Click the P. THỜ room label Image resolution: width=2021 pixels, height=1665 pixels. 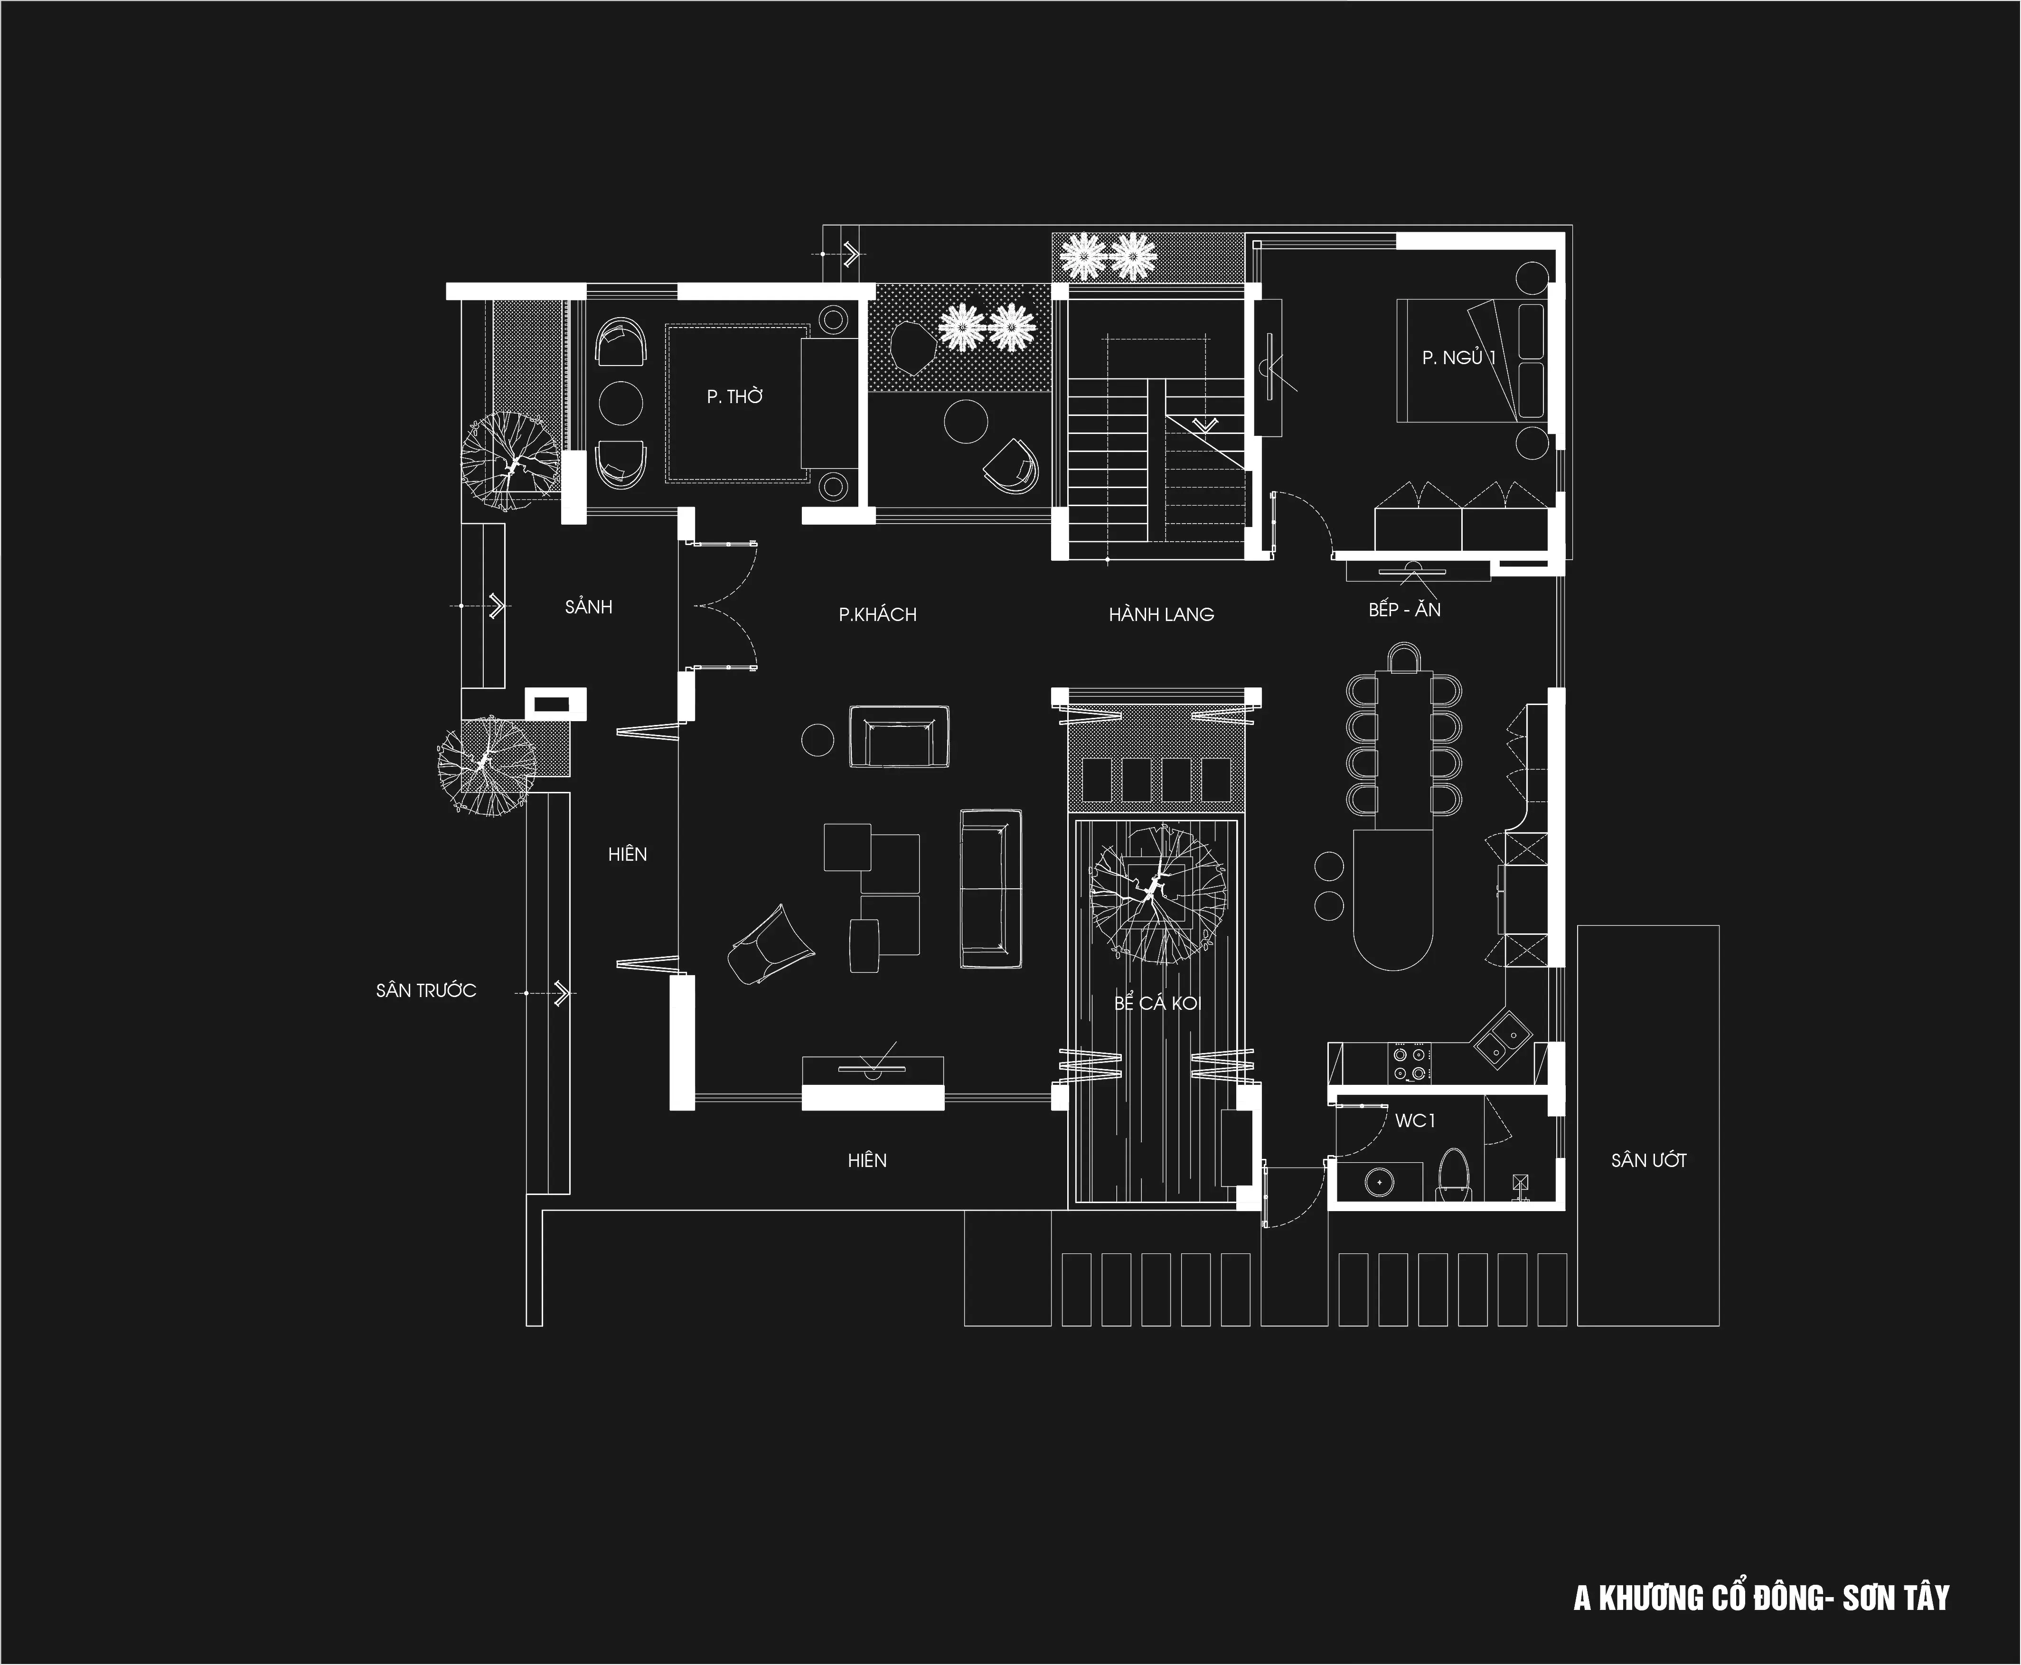pos(735,396)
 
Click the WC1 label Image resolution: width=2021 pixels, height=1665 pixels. pos(1415,1120)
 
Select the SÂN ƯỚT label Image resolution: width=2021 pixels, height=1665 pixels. pos(1648,1160)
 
